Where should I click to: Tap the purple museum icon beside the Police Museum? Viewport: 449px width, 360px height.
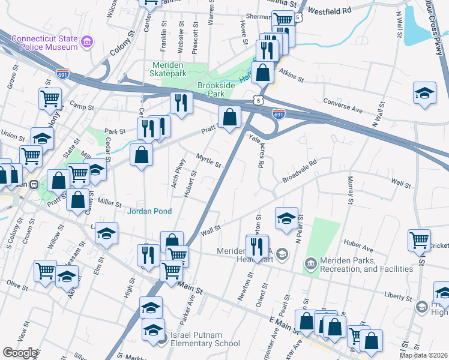88,42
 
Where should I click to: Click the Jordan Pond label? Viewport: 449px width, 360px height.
149,211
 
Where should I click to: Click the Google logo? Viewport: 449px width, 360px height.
20,353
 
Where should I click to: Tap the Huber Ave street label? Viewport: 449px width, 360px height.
358,244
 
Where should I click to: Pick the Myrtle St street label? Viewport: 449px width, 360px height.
209,160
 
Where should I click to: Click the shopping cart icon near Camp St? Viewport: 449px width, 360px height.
50,98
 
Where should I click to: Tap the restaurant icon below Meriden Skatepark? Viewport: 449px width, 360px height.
180,103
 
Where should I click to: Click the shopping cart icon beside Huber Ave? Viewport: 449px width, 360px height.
419,239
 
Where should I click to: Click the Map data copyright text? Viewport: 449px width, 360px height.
423,354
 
